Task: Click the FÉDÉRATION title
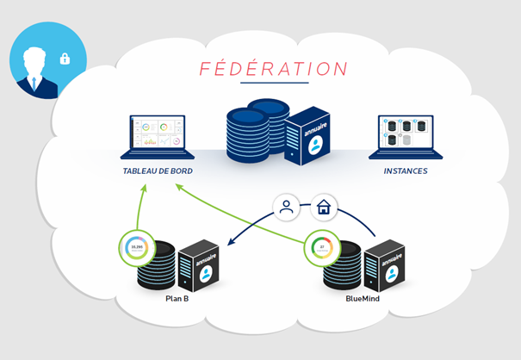(x=274, y=68)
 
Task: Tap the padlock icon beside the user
(x=65, y=59)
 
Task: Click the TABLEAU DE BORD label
(x=158, y=171)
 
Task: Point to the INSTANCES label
(x=406, y=171)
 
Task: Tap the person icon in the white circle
(x=287, y=207)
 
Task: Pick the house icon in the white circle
(x=324, y=207)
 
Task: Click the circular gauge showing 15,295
(x=136, y=249)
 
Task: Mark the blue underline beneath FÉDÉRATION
(x=274, y=84)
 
